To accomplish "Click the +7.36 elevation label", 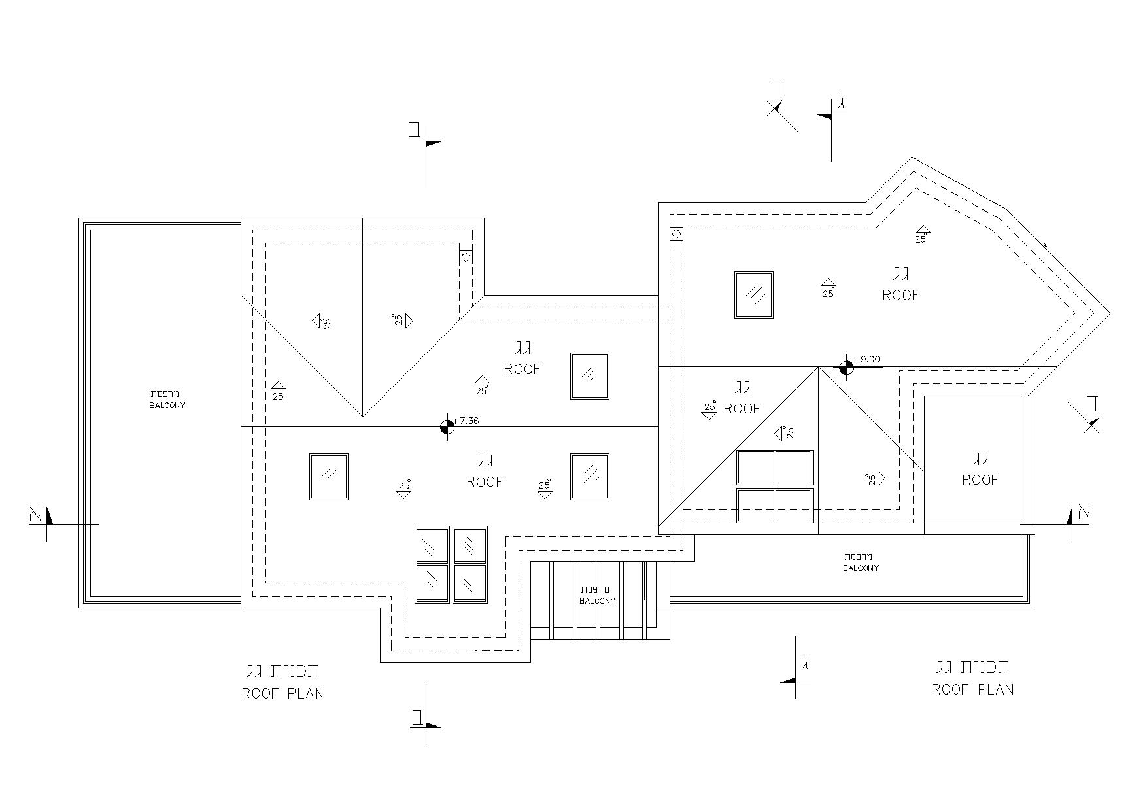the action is point(466,421).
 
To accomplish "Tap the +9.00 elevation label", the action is point(867,359).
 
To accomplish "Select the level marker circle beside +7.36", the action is point(447,427).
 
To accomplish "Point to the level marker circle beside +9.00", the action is point(846,368).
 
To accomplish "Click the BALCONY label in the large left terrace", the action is point(167,405).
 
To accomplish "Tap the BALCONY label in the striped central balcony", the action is point(597,601).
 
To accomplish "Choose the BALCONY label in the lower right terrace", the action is point(861,568).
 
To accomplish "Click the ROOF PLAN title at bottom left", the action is point(282,693).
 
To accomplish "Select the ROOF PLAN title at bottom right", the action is point(973,689).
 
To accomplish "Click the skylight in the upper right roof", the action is point(754,295).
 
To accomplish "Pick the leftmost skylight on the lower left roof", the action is point(329,477).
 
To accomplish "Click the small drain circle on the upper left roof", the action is point(466,258).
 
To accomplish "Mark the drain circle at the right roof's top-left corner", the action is point(677,233).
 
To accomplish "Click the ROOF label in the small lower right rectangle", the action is point(980,480).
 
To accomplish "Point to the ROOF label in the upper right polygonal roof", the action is point(901,295).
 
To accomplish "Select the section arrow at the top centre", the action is point(426,154).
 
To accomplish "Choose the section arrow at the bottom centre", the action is point(426,712).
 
